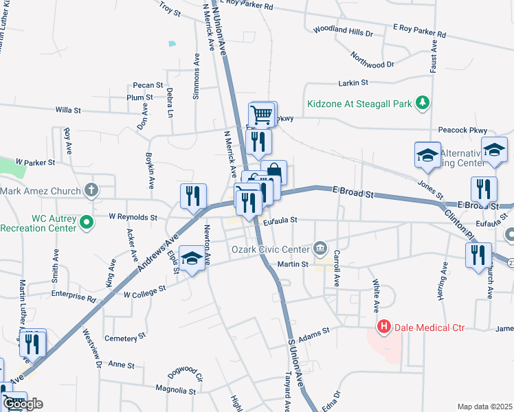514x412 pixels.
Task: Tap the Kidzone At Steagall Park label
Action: tap(359, 104)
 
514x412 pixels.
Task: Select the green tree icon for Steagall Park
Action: tap(424, 104)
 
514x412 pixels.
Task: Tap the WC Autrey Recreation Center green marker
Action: tap(87, 222)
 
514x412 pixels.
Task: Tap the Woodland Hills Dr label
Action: tap(342, 32)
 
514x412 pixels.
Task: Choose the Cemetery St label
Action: tap(125, 338)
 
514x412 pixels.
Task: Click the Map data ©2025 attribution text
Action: tap(484, 407)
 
